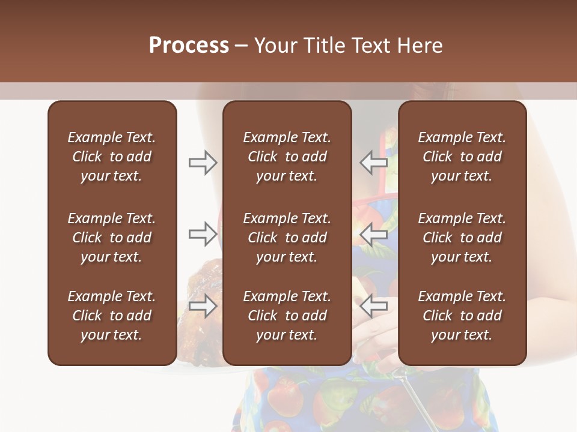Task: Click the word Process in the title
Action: coord(189,46)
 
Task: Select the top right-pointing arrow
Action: coord(203,163)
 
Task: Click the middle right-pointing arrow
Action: coord(203,234)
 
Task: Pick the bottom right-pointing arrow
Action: coord(203,307)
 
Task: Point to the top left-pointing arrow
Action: coord(373,163)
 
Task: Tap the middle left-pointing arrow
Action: coord(373,234)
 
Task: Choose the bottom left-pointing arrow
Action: coord(373,307)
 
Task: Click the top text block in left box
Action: coord(112,157)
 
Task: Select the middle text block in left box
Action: coord(112,238)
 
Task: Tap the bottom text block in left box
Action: coord(112,316)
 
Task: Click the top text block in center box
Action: coord(287,157)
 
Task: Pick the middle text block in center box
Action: coord(287,238)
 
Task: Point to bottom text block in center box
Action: coord(287,316)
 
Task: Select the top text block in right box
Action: coord(462,157)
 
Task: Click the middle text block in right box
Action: coord(462,238)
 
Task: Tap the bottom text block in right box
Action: coord(462,316)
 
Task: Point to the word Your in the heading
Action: coord(277,46)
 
